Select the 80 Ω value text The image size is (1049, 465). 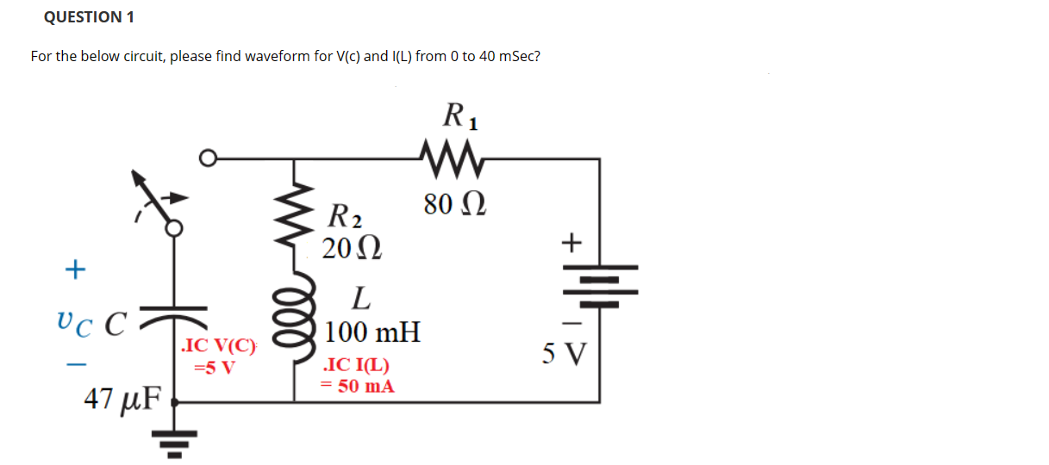pyautogui.click(x=455, y=206)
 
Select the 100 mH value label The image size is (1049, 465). pyautogui.click(x=372, y=332)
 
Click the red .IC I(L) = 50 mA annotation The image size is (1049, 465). pyautogui.click(x=358, y=376)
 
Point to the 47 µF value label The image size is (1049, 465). pyautogui.click(x=123, y=399)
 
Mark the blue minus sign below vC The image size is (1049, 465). pyautogui.click(x=76, y=365)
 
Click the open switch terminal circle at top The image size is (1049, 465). pyautogui.click(x=207, y=158)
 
